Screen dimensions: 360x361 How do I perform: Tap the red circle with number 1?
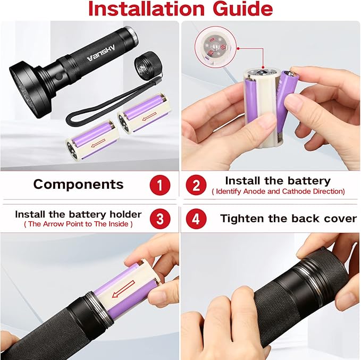click(x=159, y=185)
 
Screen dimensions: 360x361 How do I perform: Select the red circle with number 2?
click(x=196, y=185)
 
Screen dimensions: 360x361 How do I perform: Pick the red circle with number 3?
click(x=159, y=219)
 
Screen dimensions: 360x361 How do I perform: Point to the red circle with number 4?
click(x=196, y=219)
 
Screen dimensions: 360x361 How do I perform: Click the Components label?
click(x=78, y=185)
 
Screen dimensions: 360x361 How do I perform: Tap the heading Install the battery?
click(x=278, y=181)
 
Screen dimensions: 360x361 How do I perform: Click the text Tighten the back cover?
click(x=288, y=219)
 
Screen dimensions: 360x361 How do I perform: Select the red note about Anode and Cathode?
click(x=278, y=191)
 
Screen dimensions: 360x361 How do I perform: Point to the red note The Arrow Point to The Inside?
click(x=78, y=224)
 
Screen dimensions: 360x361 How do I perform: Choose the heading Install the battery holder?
click(x=78, y=214)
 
